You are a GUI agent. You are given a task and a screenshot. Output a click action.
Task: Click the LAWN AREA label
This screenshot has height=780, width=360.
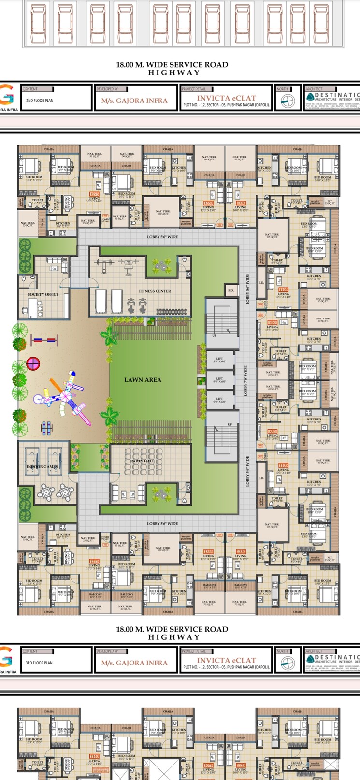pos(143,380)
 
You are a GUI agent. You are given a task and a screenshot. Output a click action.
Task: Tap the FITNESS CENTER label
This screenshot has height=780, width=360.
pos(155,291)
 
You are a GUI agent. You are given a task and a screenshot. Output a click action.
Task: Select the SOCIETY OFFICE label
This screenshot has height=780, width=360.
pos(43,294)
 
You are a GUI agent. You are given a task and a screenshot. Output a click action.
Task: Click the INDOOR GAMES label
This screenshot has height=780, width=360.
pos(42,467)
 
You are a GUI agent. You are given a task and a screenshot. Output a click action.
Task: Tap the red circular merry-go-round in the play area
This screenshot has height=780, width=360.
pos(33,363)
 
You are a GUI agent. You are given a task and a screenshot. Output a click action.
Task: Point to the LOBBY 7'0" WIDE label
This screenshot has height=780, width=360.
pos(245,381)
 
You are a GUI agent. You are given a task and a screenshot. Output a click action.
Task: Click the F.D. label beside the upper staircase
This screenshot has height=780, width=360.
pos(230,291)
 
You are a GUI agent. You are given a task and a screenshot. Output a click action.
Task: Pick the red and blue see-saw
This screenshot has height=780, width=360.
pos(44,341)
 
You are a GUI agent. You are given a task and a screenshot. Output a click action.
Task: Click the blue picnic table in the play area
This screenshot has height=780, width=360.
pos(47,428)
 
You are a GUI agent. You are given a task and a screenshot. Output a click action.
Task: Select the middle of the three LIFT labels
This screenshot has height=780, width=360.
pos(220,380)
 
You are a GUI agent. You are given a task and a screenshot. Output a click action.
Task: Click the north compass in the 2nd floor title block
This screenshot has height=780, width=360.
pos(288,101)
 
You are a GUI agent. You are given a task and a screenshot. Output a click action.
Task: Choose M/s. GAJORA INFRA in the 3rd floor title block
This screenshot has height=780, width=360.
pos(134,663)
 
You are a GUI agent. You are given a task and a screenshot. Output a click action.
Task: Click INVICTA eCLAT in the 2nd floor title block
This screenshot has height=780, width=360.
pos(226,98)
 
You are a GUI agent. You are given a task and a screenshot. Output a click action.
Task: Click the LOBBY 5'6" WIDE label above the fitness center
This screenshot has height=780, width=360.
pos(162,237)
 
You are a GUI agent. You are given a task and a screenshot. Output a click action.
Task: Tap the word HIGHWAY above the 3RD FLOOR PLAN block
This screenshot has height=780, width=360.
pos(173,637)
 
